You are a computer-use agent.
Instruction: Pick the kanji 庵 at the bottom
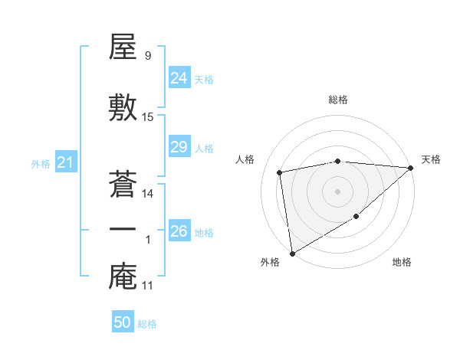coord(123,277)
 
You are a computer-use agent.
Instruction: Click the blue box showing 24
coord(179,78)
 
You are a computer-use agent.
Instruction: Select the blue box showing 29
coord(179,147)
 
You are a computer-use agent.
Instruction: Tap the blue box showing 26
coord(179,231)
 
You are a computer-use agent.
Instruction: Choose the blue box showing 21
coord(65,162)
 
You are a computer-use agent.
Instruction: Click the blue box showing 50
coord(123,322)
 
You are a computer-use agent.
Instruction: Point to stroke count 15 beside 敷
coord(148,117)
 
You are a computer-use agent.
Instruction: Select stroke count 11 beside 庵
coord(148,286)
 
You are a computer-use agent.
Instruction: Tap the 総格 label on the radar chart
coord(338,100)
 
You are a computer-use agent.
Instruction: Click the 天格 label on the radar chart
coord(431,159)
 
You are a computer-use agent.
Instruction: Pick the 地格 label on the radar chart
coord(402,263)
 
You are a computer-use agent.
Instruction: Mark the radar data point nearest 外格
coord(291,253)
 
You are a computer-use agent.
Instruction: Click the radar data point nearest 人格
coord(280,172)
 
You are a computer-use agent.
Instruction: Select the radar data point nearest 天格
coord(411,168)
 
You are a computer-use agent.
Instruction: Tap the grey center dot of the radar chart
coord(337,191)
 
